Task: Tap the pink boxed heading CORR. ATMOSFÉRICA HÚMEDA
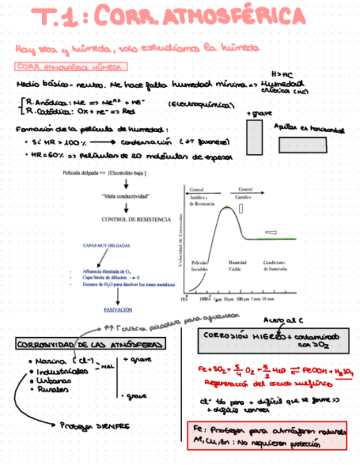tap(72, 67)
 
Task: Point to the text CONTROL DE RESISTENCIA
tap(136, 219)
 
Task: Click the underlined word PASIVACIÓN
tap(118, 309)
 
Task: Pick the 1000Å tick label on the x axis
tap(206, 300)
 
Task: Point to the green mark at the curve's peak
tap(227, 207)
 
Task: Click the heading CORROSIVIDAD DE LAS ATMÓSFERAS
tap(90, 344)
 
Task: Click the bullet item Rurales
tap(53, 390)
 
